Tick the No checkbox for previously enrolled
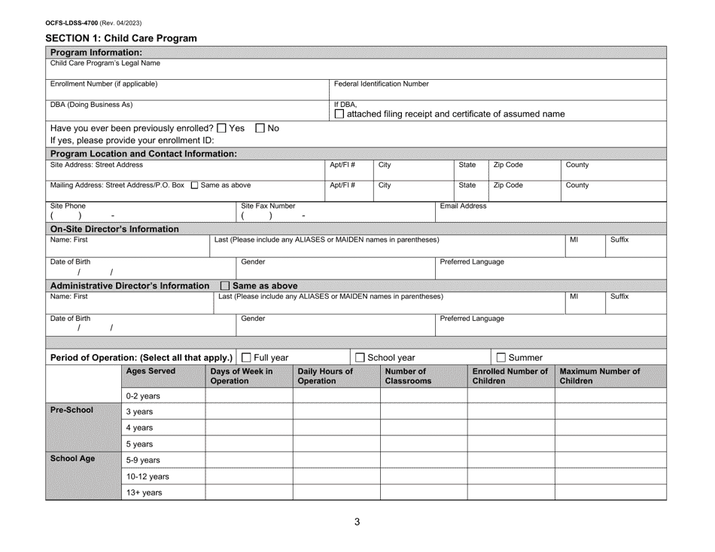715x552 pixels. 260,127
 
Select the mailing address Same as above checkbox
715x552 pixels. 195,185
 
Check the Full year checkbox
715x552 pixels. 246,356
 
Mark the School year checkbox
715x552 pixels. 360,356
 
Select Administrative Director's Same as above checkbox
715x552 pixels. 224,285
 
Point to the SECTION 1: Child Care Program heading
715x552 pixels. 120,38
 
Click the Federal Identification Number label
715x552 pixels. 381,84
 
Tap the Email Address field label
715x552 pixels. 462,206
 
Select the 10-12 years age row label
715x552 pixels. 148,476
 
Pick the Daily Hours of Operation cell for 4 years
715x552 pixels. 336,427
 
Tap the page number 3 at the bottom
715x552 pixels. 357,523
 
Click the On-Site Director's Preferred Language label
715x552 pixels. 471,262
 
